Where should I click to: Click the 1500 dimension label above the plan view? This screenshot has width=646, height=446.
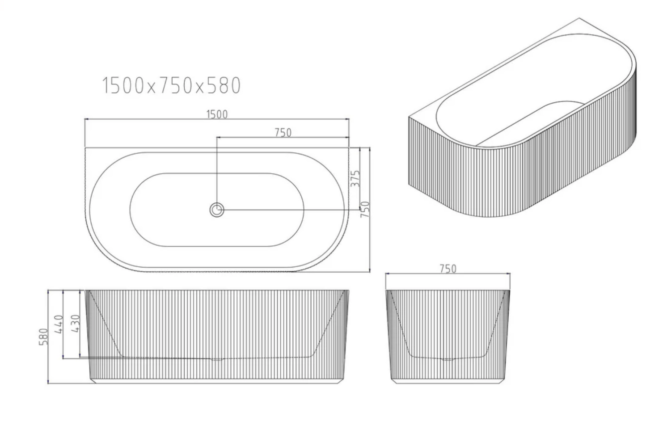tap(217, 114)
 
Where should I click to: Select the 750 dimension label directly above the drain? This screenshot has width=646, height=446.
tap(283, 132)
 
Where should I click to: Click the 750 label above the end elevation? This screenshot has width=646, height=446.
tap(448, 269)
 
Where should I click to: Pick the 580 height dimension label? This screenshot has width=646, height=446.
tap(44, 337)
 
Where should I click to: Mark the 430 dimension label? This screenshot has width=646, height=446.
tap(75, 324)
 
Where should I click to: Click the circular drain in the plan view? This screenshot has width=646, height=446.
tap(217, 209)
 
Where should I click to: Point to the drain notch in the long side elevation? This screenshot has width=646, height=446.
tap(217, 358)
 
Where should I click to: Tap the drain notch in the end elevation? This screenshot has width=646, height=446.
tap(448, 358)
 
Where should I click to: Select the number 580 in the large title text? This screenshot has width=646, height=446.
tap(224, 86)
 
